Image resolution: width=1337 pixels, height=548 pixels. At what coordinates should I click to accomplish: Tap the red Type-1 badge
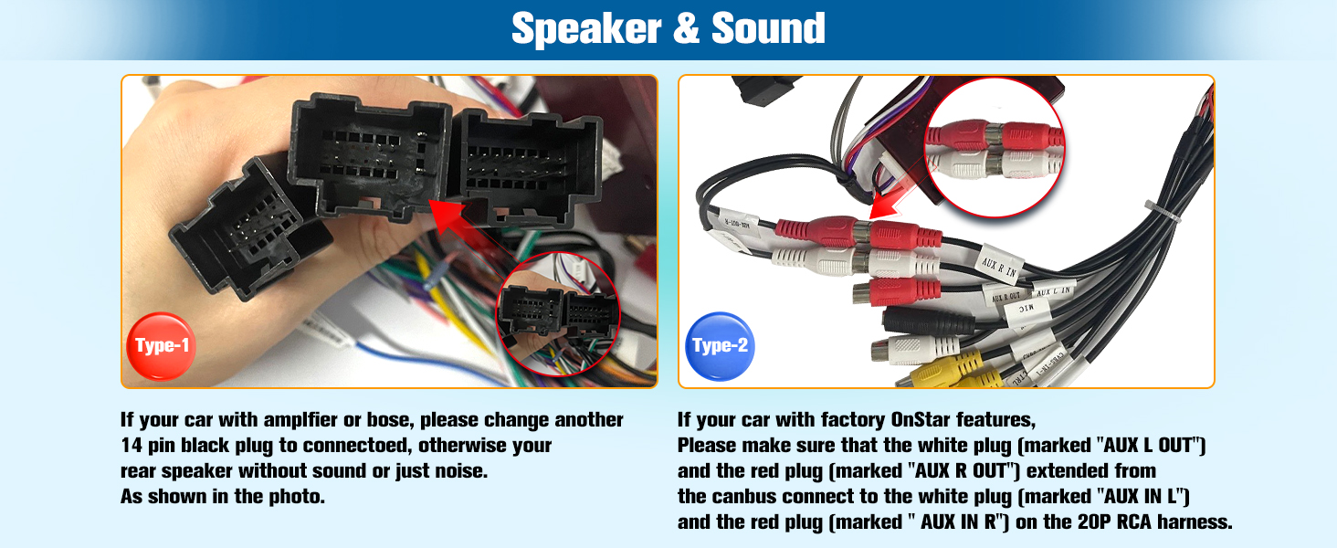pyautogui.click(x=162, y=345)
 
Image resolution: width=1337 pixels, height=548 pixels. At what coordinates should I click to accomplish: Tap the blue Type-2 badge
pyautogui.click(x=720, y=346)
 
